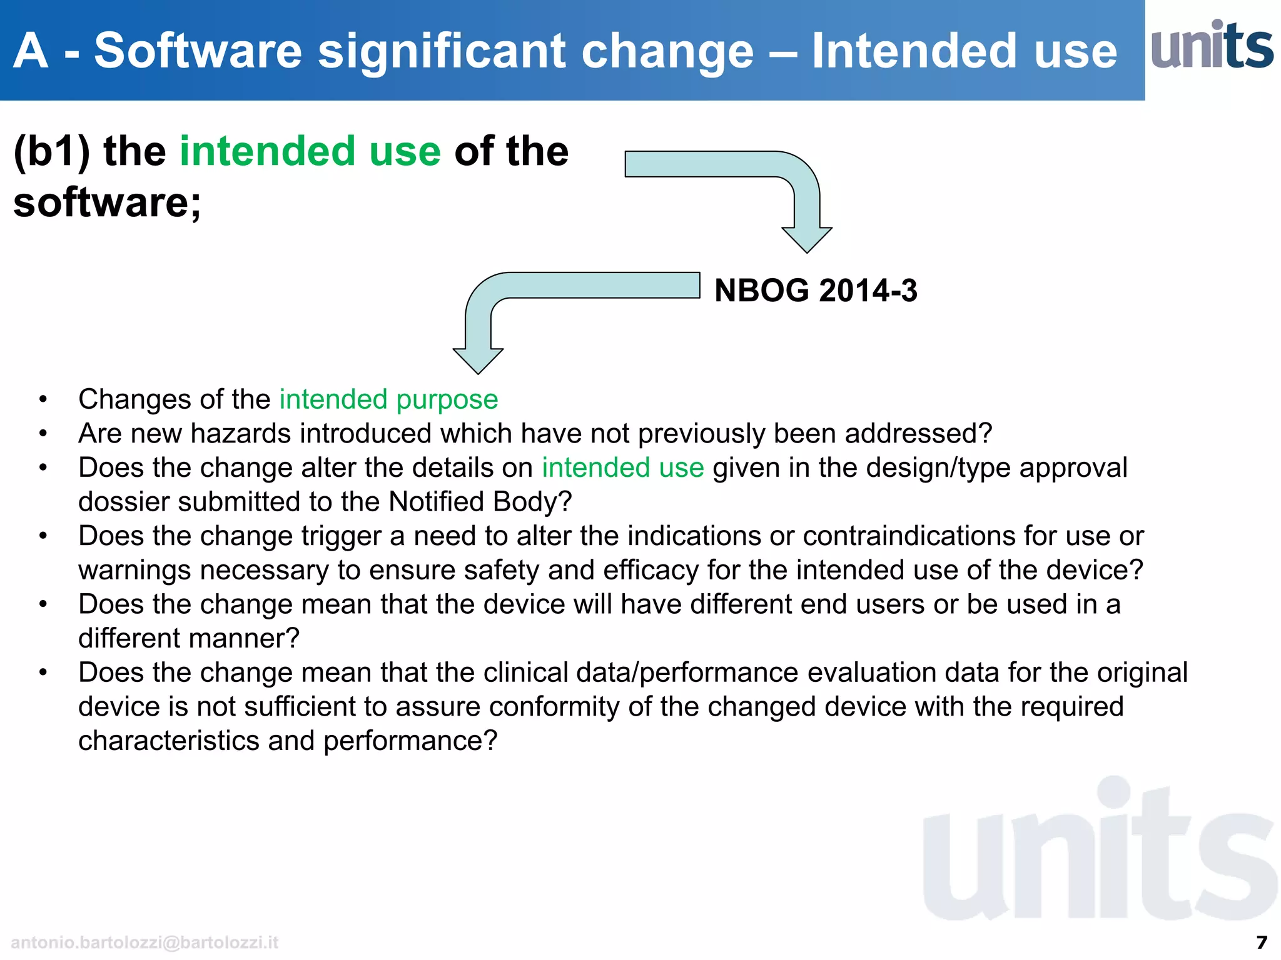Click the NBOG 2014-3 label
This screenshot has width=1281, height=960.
pyautogui.click(x=815, y=291)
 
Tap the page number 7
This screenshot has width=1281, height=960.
pyautogui.click(x=1262, y=942)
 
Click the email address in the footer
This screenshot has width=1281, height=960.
pyautogui.click(x=144, y=942)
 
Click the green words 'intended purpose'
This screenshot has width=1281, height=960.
pyautogui.click(x=388, y=399)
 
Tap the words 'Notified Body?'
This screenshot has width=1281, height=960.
pyautogui.click(x=480, y=502)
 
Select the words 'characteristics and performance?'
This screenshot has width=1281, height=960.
pyautogui.click(x=288, y=741)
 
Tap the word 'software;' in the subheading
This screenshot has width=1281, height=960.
pyautogui.click(x=107, y=202)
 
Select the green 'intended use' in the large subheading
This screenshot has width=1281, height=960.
pyautogui.click(x=310, y=151)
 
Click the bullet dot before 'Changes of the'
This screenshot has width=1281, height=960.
pyautogui.click(x=43, y=400)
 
